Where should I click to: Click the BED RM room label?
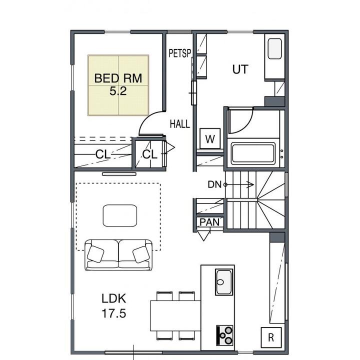pos(118,78)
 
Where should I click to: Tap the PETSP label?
pos(180,53)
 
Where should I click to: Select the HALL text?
pos(180,124)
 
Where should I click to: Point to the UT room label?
pos(240,69)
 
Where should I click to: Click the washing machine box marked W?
pos(210,138)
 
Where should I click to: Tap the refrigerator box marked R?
pos(271,337)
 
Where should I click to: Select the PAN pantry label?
pos(209,222)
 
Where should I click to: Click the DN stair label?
pos(214,184)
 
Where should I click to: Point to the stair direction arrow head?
pos(250,184)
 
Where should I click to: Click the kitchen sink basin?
pos(224,282)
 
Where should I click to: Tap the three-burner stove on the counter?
pos(225,335)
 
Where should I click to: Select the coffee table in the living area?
pos(120,215)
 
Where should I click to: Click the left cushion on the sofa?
pos(95,254)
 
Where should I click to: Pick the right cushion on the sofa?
pos(141,254)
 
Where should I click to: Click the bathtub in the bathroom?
pos(253,153)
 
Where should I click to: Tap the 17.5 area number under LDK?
pos(114,313)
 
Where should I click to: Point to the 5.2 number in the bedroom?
pos(118,91)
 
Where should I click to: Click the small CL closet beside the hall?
pos(149,154)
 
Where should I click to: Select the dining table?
pos(175,315)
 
